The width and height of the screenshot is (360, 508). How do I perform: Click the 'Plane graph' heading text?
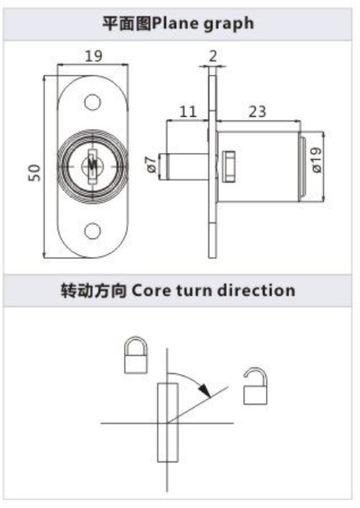pos(203,24)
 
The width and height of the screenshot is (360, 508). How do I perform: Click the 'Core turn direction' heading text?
pos(213,290)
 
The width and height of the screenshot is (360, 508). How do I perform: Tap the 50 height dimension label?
pos(35,173)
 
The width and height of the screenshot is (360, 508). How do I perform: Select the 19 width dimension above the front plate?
pos(93,56)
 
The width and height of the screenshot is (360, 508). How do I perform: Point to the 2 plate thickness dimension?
pos(213,56)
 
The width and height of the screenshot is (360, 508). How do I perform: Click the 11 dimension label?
pos(188,112)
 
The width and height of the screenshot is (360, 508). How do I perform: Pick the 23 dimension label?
pos(257,112)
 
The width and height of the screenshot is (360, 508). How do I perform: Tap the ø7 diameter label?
pos(151,165)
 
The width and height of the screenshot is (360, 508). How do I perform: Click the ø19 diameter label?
pos(317,159)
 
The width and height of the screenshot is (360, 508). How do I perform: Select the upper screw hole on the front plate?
pos(92,102)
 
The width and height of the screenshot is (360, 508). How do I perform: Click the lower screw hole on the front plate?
pos(92,231)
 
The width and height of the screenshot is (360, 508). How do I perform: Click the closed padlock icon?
pos(137,355)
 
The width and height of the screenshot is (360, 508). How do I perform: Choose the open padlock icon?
pos(255,387)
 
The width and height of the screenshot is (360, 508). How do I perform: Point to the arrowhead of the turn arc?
pos(205,390)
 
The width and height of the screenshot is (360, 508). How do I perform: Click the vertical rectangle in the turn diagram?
pos(167,423)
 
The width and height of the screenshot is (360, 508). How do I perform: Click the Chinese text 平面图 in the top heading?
pos(127,24)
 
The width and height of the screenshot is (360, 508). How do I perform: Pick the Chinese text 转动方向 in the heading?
pos(94,290)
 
